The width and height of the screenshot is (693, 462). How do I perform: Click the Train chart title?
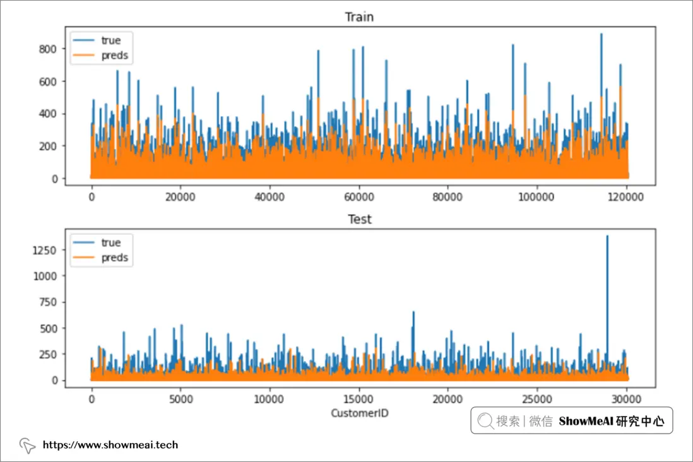[x=359, y=17]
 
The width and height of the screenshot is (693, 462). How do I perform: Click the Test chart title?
[x=359, y=219]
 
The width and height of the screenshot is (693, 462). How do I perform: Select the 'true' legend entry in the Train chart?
[x=110, y=40]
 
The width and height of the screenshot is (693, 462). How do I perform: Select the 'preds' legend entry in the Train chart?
[x=114, y=56]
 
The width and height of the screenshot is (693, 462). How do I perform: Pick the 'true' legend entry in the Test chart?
[x=110, y=242]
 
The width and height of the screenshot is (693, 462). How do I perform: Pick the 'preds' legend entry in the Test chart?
[x=114, y=258]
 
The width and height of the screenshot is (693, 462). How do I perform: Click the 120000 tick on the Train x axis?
[x=626, y=196]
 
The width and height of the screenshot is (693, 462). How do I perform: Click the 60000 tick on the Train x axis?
[x=359, y=196]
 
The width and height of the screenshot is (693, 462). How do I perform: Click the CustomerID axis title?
[x=359, y=413]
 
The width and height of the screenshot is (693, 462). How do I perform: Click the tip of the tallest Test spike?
[x=607, y=237]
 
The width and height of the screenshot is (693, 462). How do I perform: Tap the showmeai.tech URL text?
[x=110, y=445]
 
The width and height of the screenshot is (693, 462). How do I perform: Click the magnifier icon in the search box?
[x=485, y=421]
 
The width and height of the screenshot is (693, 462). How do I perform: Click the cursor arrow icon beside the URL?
[x=27, y=446]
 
